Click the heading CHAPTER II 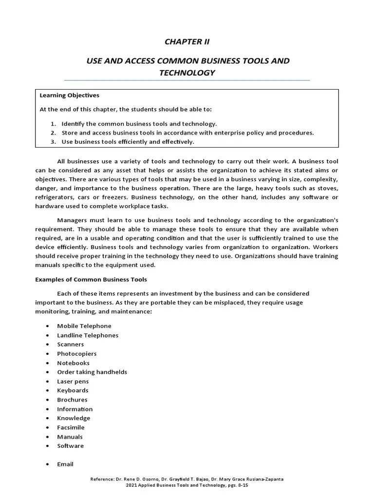[x=187, y=42]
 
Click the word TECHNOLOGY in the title [x=187, y=73]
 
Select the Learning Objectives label [x=69, y=96]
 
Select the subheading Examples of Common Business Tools [x=91, y=280]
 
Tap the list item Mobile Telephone [x=84, y=326]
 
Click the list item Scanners [x=71, y=345]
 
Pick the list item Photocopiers [x=77, y=354]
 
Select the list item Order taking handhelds [x=92, y=372]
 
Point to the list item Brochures [x=72, y=400]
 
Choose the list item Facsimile [x=71, y=427]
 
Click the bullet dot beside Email [x=47, y=464]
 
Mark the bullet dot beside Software [x=47, y=446]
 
